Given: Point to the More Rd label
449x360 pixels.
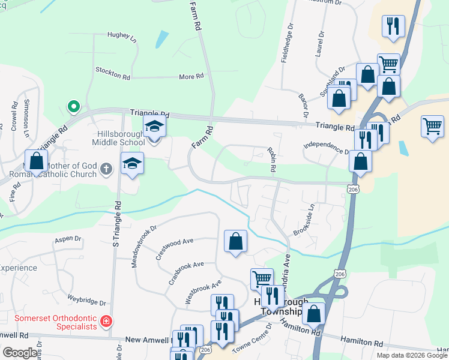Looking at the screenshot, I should pos(191,77).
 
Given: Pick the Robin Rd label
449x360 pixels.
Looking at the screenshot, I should pos(271,160).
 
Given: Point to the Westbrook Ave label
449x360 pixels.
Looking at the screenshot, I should pos(203,291).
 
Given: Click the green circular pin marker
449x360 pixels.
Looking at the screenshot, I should pos(73,106).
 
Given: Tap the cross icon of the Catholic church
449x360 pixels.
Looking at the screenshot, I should pos(106,169).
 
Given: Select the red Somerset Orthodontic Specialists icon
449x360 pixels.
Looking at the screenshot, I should pos(106,322).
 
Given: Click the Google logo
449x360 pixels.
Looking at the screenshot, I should pos(20,353).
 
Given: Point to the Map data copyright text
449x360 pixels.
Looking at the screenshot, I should pos(411,355).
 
